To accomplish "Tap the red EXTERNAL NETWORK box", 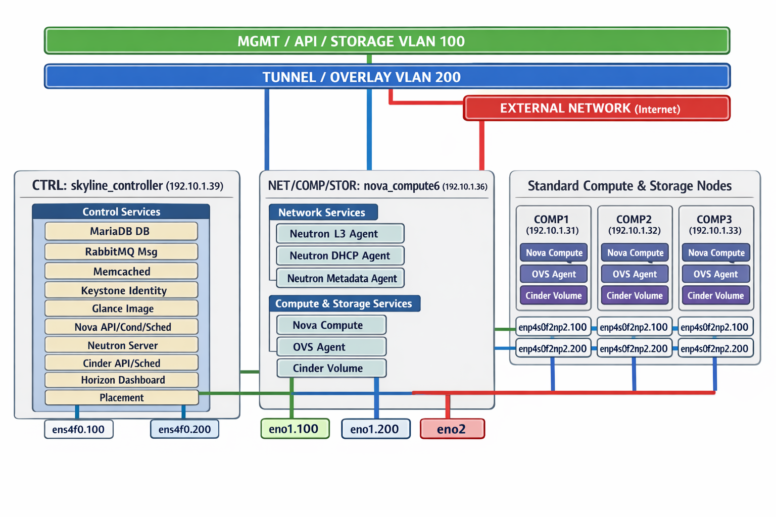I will coord(597,108).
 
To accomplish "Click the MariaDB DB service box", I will coord(121,231).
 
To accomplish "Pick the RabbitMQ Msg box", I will coord(121,251).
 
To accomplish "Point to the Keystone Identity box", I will coord(121,290).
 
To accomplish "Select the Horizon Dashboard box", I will coord(121,380).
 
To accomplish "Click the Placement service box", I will coord(121,397).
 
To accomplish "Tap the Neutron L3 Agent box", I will coord(340,234).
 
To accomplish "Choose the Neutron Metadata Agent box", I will coord(341,278).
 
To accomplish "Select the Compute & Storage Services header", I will coord(344,303).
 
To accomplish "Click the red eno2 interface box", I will coord(452,429).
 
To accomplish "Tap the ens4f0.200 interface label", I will coord(184,430).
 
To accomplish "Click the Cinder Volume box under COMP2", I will coord(635,295).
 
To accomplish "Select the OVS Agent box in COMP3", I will coord(715,274).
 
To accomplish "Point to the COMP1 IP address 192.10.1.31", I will coord(552,231).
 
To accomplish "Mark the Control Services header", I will coord(121,212).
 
